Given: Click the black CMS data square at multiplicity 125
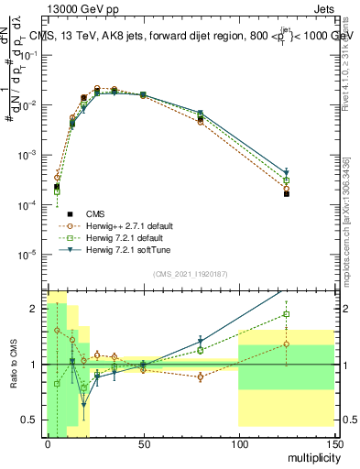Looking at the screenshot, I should point(286,193).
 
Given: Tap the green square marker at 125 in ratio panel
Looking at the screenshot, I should point(286,314).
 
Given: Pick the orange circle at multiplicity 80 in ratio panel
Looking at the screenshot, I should point(200,376).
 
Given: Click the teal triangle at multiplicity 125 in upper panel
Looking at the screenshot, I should point(286,172).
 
